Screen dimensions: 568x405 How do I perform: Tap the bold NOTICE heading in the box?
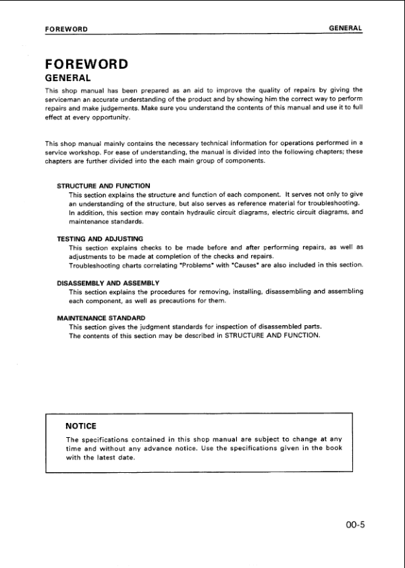point(81,426)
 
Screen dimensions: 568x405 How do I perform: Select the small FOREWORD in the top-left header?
point(66,29)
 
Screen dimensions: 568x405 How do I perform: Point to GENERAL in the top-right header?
point(346,28)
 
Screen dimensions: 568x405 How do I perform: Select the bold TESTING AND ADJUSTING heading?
point(100,239)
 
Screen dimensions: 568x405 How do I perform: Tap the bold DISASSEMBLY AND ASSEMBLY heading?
point(108,283)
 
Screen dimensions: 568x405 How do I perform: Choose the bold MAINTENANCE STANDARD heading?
point(101,318)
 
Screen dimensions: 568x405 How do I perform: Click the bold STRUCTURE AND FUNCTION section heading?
point(103,186)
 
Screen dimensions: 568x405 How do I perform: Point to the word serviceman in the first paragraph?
point(63,98)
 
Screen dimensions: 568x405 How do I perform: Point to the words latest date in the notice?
point(114,457)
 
